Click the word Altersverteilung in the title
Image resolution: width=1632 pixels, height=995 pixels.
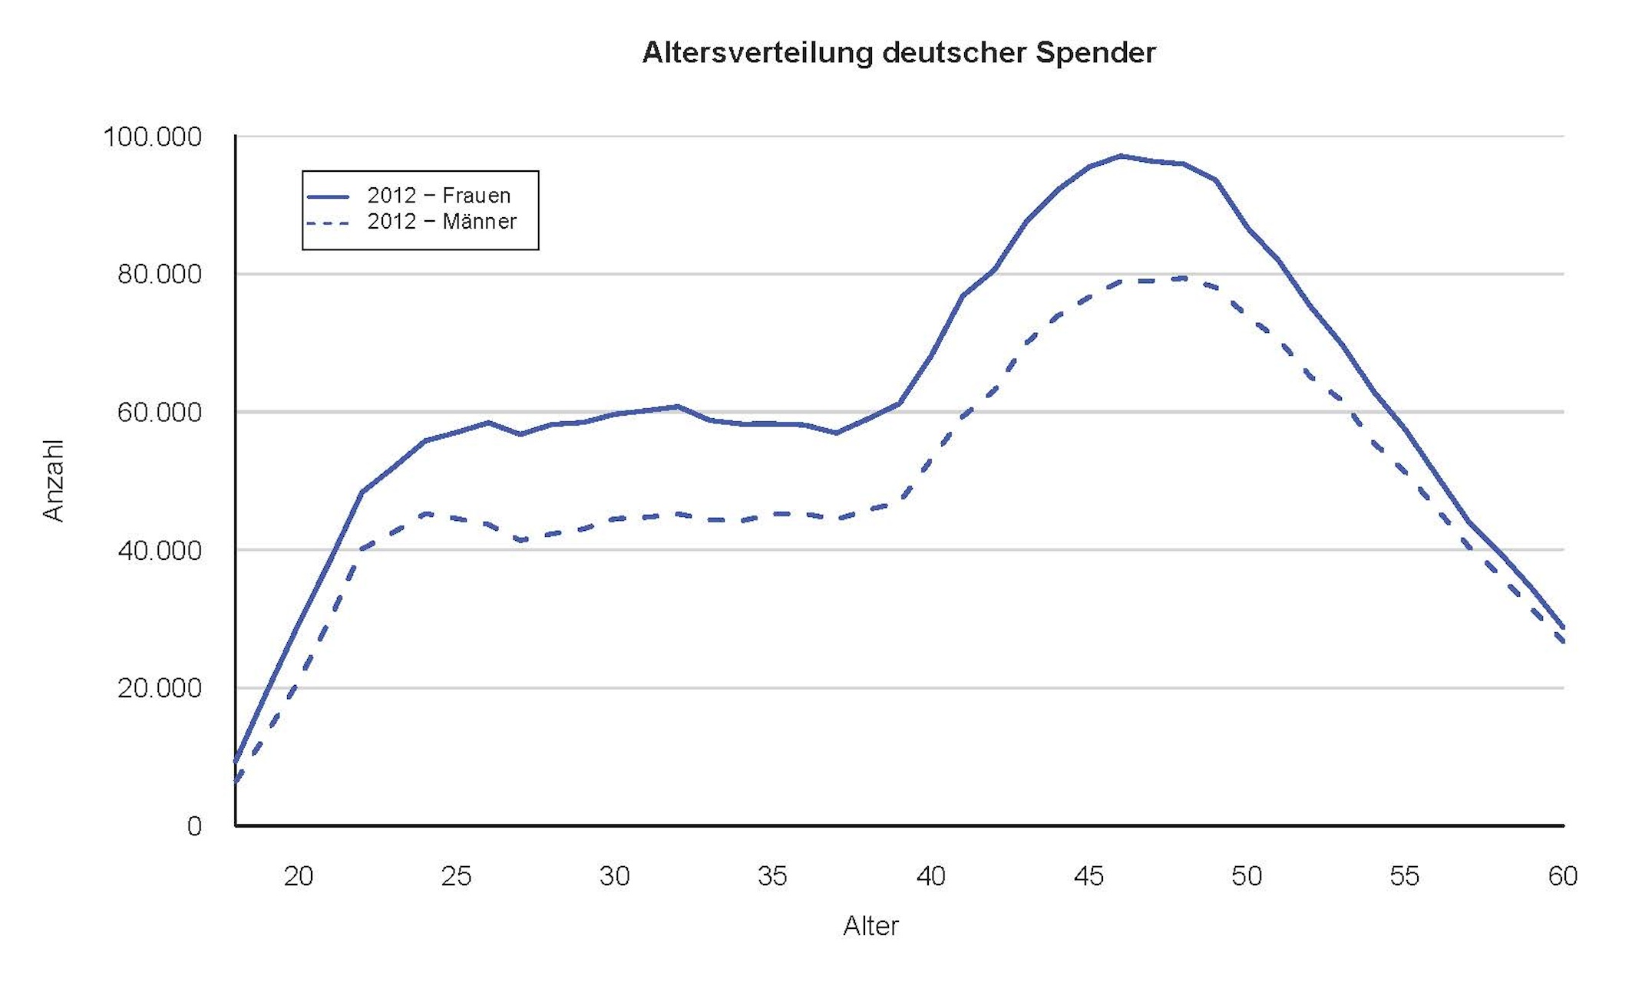tap(758, 53)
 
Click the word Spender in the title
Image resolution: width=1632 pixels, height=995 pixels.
tap(1095, 53)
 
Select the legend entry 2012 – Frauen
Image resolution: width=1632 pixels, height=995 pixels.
tap(438, 196)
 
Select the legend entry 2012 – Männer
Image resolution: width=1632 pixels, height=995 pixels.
tap(441, 222)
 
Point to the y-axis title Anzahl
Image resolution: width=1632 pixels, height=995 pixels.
tap(53, 481)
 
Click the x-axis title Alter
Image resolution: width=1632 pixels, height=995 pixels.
tap(871, 926)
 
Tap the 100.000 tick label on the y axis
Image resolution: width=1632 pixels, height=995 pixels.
tap(152, 137)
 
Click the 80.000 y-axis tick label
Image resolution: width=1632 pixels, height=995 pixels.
tap(159, 275)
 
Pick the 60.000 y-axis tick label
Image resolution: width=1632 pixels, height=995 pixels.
tap(159, 413)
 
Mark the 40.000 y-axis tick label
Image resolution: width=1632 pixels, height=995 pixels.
tap(159, 550)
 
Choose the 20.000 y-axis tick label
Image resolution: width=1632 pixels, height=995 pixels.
tap(159, 688)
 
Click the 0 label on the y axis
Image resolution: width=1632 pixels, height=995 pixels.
tap(194, 826)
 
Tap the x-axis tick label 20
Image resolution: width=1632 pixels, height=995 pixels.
tap(299, 876)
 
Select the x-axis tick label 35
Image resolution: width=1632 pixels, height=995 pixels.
tap(772, 876)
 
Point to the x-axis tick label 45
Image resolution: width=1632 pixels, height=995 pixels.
tap(1089, 876)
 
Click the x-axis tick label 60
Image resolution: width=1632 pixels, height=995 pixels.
tap(1562, 876)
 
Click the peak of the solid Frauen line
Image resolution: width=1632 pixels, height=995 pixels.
tap(1121, 156)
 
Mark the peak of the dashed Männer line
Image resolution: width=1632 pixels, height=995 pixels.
tap(1184, 278)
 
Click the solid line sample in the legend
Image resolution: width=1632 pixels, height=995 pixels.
tap(328, 196)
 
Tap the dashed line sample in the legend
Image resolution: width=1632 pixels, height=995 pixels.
tap(328, 223)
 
